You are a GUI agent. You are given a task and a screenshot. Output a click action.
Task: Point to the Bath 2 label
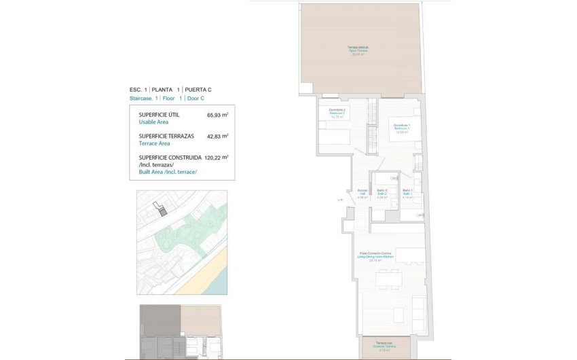click(381, 193)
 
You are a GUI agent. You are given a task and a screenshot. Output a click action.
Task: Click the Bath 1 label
click(407, 193)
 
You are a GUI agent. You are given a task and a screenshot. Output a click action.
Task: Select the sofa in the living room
click(415, 309)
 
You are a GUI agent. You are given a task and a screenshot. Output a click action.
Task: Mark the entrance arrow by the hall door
click(338, 200)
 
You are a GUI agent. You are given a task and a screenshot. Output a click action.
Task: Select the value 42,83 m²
click(217, 136)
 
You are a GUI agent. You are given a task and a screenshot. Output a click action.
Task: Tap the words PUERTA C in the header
click(198, 90)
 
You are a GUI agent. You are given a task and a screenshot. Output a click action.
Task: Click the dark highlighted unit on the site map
click(162, 210)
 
